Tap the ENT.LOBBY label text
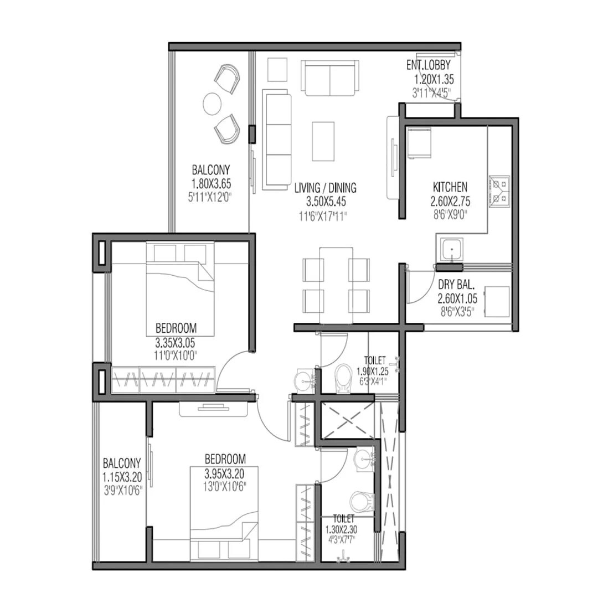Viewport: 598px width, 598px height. [x=429, y=65]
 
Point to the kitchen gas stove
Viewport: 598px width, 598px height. [x=499, y=190]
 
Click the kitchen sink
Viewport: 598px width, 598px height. [x=452, y=251]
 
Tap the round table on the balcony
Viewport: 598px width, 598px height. [x=213, y=103]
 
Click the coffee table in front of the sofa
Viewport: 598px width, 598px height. [x=323, y=141]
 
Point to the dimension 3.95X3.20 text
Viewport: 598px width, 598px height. [x=224, y=474]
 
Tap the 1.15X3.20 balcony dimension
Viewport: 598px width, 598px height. [x=121, y=476]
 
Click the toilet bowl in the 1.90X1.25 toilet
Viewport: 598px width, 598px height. [x=343, y=378]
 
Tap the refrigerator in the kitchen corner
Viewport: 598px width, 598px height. [x=419, y=143]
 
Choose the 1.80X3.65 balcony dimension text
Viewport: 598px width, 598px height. [x=210, y=182]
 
